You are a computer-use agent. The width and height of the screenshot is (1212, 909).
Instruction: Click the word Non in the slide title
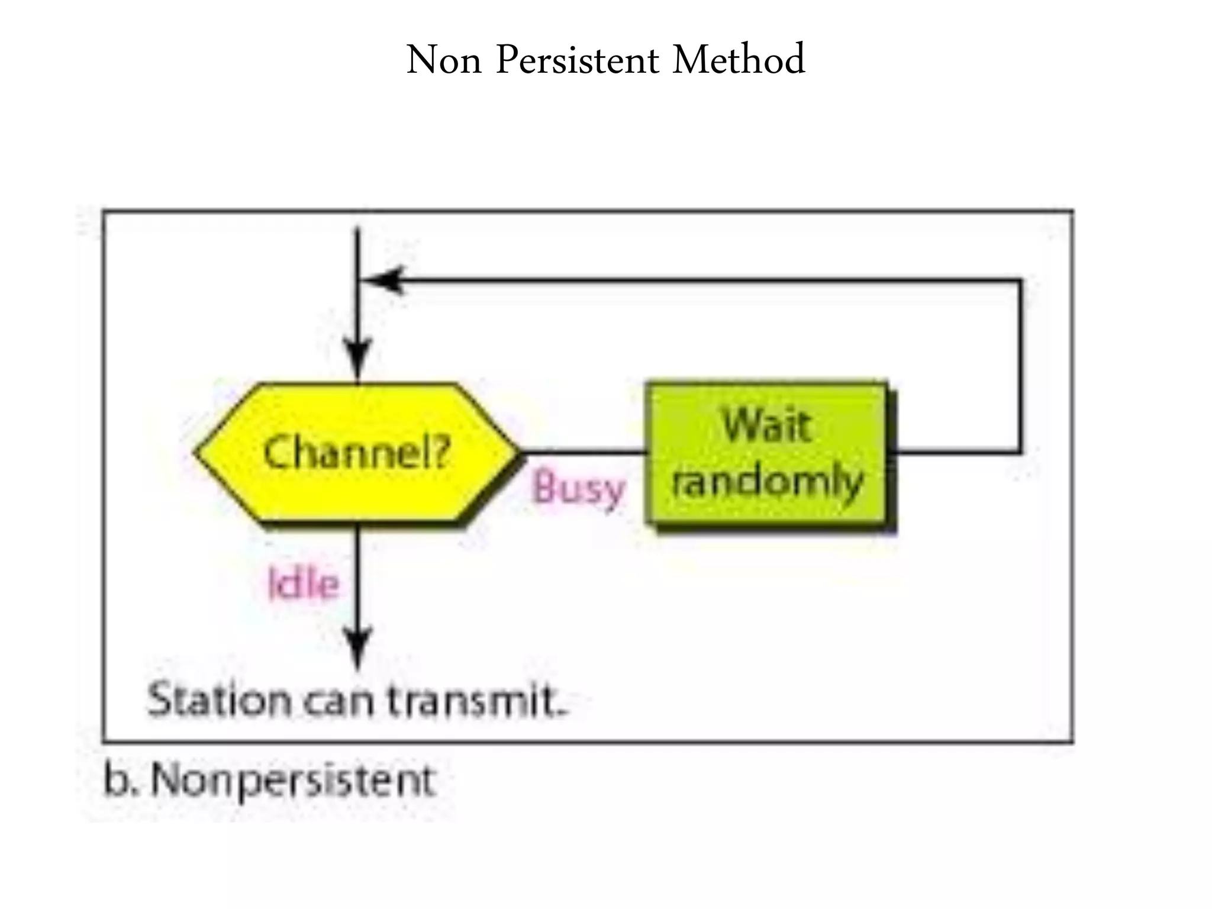pos(444,60)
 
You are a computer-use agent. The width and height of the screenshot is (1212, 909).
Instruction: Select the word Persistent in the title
pos(577,60)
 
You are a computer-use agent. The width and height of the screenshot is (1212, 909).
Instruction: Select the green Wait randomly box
pos(767,453)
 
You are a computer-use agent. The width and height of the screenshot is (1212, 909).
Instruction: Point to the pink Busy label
pos(578,489)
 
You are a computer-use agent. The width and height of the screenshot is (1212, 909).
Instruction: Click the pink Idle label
pos(303,585)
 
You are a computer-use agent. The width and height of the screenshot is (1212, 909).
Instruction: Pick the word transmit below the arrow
pos(476,700)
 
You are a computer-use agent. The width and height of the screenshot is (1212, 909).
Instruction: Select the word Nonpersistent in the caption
pos(294,781)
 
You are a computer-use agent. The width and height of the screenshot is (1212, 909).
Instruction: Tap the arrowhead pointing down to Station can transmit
pos(357,648)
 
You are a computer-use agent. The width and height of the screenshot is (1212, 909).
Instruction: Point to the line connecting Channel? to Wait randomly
pos(583,453)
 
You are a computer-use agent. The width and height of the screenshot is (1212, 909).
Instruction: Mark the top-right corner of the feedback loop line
pos(1020,281)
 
